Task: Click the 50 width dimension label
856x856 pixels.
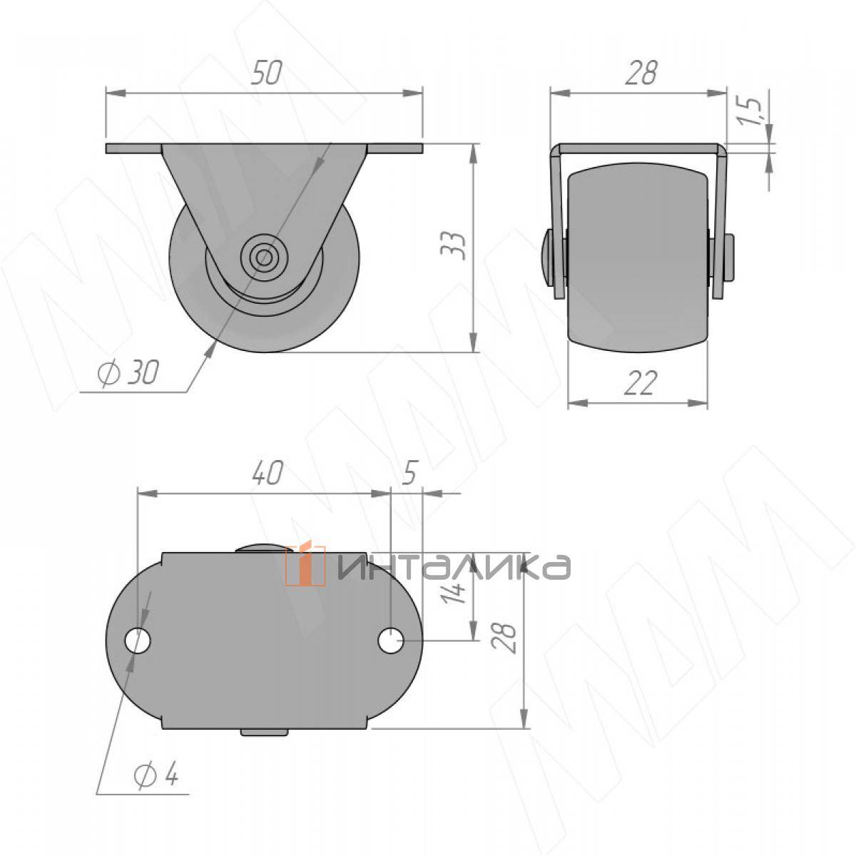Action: coord(266,73)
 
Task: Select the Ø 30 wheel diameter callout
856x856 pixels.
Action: coord(128,372)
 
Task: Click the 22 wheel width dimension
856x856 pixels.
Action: coord(640,383)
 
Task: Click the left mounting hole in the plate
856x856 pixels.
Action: coord(138,641)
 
